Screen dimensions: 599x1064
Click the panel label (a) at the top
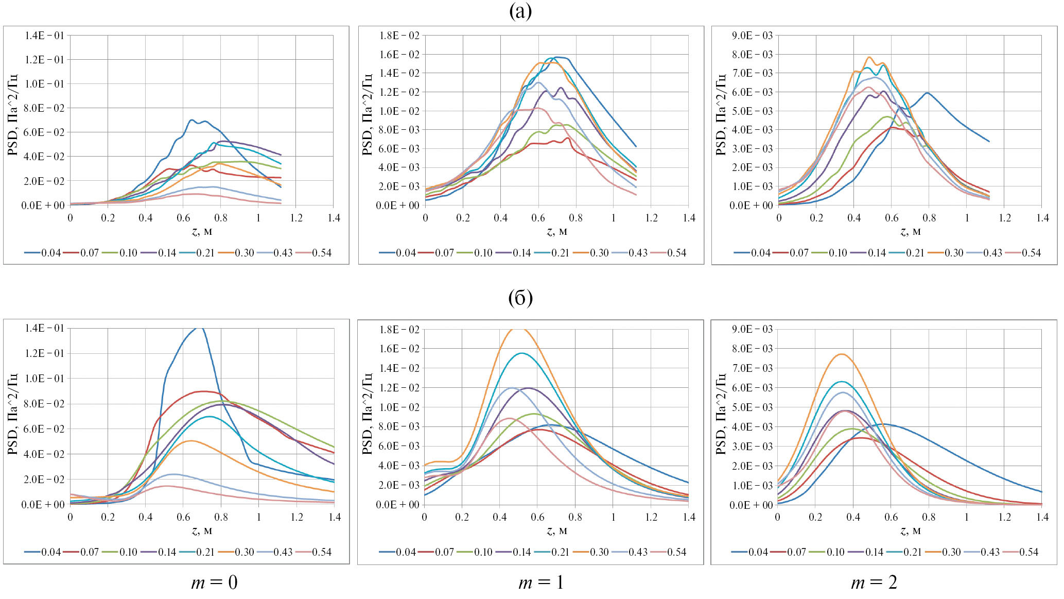[520, 11]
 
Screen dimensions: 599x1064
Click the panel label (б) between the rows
[520, 298]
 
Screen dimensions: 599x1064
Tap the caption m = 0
[214, 583]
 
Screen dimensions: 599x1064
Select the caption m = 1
[541, 583]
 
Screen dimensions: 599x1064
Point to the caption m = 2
[874, 583]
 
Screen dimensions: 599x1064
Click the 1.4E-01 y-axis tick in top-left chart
[44, 36]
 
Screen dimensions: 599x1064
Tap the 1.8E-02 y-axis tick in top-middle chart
[399, 36]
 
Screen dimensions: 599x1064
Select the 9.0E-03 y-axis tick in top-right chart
[753, 36]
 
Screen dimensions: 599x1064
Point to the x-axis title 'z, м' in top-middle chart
[556, 232]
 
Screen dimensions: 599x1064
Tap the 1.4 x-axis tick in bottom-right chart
[1042, 517]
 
